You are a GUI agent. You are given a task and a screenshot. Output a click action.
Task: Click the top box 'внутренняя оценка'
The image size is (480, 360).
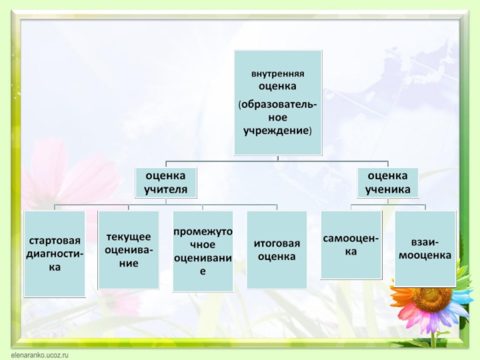click(x=277, y=102)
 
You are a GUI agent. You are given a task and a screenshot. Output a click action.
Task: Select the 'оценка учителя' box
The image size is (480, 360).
click(x=166, y=182)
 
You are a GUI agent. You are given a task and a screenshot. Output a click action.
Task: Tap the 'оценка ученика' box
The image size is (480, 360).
click(x=388, y=182)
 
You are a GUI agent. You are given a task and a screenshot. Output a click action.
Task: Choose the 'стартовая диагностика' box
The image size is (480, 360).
click(x=54, y=253)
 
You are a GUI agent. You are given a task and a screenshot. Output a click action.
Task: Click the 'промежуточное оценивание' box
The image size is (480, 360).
click(x=203, y=251)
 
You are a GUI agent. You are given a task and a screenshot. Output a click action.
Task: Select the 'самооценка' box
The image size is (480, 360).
click(x=351, y=245)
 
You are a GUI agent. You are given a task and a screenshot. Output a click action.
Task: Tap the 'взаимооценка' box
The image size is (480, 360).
click(x=425, y=248)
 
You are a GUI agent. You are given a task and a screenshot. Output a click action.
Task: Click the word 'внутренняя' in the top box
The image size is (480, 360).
click(x=277, y=74)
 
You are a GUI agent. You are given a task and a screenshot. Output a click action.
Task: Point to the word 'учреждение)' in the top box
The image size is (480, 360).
click(x=277, y=130)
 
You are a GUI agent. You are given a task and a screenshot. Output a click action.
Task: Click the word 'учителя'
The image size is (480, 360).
click(x=166, y=188)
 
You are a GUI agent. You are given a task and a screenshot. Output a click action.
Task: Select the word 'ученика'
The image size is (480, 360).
click(x=388, y=188)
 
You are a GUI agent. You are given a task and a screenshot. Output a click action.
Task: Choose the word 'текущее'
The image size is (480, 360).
click(x=128, y=238)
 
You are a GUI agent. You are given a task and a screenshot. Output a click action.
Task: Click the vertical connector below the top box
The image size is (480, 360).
click(x=277, y=157)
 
